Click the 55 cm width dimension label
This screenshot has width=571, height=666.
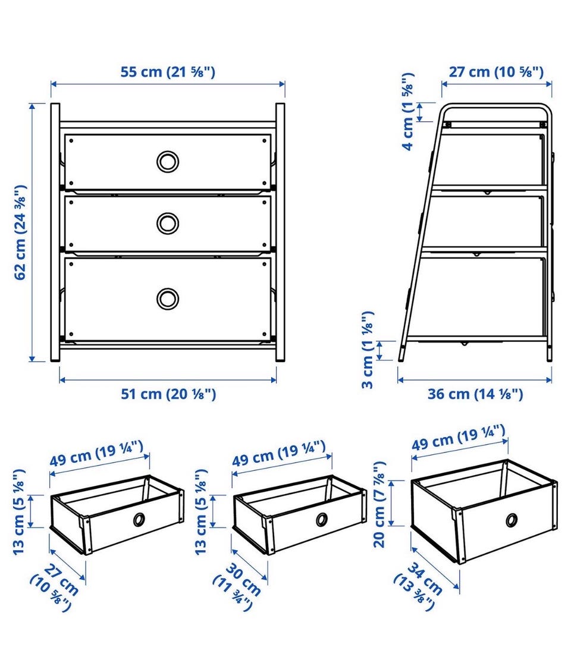(x=168, y=71)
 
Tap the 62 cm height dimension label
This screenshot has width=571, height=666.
(x=21, y=233)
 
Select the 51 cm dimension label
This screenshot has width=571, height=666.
(x=169, y=394)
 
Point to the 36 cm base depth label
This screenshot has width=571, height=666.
(x=475, y=394)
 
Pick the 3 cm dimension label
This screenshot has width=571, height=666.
(x=368, y=350)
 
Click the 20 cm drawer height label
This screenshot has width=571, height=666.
(x=379, y=504)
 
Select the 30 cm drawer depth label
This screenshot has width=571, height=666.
(x=237, y=586)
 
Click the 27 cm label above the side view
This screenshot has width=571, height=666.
(x=496, y=71)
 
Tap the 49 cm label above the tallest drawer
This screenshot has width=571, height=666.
(x=459, y=438)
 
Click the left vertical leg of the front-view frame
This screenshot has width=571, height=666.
(x=55, y=233)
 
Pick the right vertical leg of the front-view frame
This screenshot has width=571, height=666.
(x=280, y=233)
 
